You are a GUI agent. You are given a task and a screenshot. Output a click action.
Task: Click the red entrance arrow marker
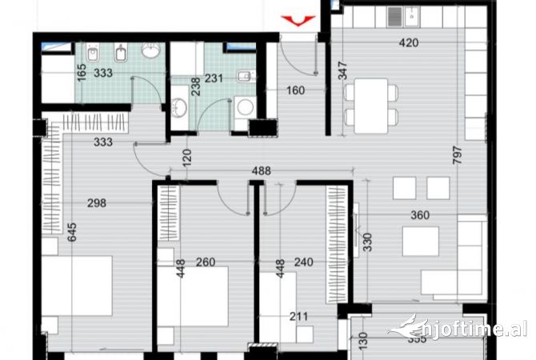(x=298, y=21)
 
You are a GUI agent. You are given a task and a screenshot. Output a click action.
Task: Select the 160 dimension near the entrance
(x=296, y=90)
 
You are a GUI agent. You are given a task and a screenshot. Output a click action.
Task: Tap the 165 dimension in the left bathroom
(x=81, y=74)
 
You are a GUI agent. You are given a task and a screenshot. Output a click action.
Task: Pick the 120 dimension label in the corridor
(x=188, y=157)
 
